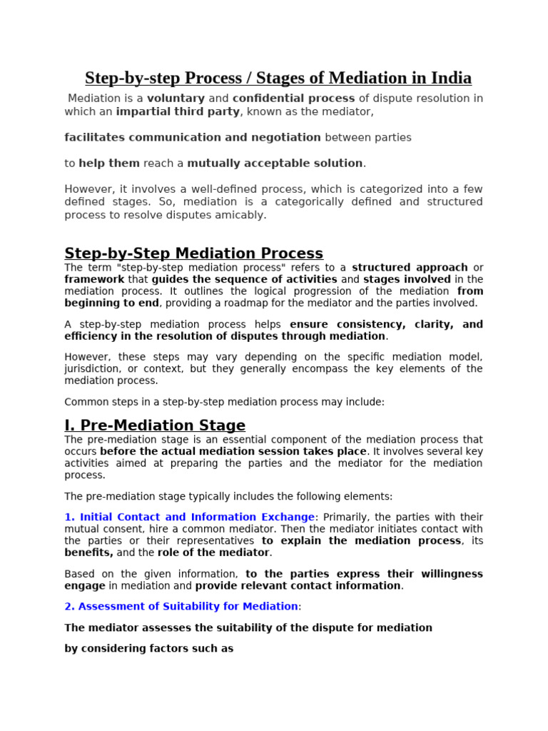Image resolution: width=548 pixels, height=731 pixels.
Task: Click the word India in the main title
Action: (x=450, y=78)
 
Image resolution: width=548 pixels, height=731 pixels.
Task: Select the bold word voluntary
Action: (x=177, y=99)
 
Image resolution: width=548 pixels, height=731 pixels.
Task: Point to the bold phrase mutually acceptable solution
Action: (x=275, y=163)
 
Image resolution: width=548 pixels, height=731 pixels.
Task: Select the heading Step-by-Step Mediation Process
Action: (x=193, y=253)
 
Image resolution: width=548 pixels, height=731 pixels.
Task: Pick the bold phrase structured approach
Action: (x=410, y=268)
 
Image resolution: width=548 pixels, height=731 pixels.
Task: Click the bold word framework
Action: (x=94, y=280)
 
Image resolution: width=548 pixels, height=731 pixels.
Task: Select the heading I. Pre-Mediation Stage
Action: (x=155, y=425)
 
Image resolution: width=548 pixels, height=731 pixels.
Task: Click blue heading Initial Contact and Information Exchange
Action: (x=196, y=517)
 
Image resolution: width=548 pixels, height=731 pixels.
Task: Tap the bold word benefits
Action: (x=88, y=553)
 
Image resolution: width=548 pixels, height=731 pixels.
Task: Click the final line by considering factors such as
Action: (x=149, y=649)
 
